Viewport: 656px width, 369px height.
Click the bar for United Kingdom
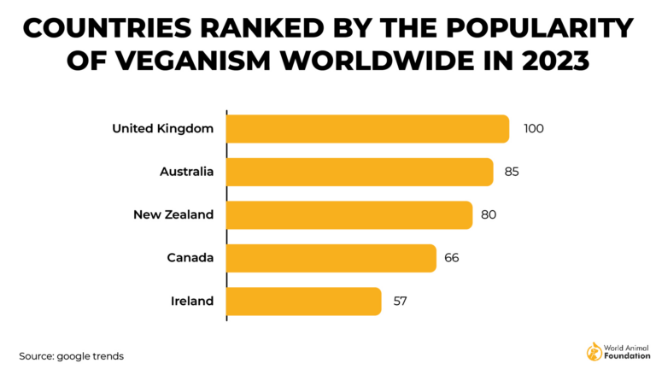pyautogui.click(x=368, y=129)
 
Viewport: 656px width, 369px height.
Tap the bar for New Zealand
pyautogui.click(x=349, y=214)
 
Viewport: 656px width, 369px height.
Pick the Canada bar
pyautogui.click(x=331, y=258)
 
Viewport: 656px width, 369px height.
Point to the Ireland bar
pyautogui.click(x=304, y=301)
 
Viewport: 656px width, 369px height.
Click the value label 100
pyautogui.click(x=533, y=129)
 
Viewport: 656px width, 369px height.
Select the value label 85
pyautogui.click(x=512, y=172)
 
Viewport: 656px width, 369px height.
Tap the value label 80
pyautogui.click(x=489, y=214)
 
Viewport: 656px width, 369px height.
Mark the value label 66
pyautogui.click(x=452, y=258)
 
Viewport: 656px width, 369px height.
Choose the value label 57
pyautogui.click(x=399, y=301)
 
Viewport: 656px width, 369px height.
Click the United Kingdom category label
pyautogui.click(x=162, y=129)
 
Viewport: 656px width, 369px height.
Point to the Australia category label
pyautogui.click(x=186, y=172)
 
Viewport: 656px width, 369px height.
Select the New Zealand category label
pyautogui.click(x=173, y=214)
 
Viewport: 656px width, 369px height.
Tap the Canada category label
pyautogui.click(x=190, y=258)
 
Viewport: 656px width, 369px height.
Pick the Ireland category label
pyautogui.click(x=192, y=301)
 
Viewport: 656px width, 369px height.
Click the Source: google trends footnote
pyautogui.click(x=72, y=355)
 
